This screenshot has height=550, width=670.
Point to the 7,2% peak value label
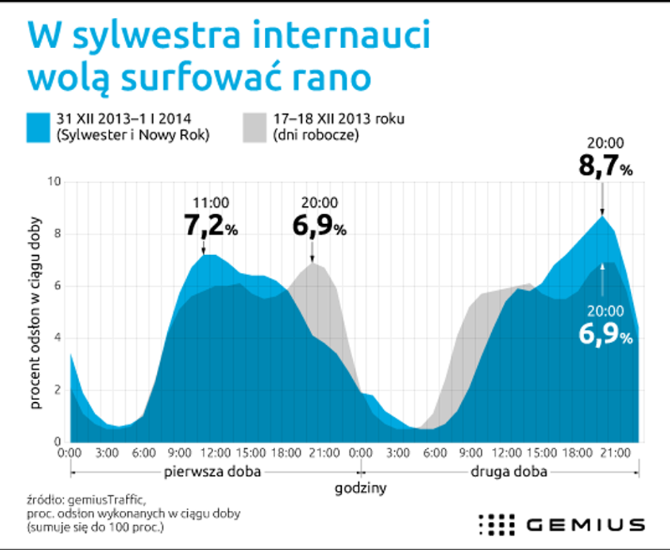pyautogui.click(x=210, y=225)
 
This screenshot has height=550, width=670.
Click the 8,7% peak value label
pyautogui.click(x=605, y=167)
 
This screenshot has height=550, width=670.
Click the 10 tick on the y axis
pyautogui.click(x=54, y=182)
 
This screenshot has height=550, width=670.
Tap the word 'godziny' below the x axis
pyautogui.click(x=360, y=489)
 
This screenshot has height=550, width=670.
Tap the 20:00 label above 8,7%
pyautogui.click(x=605, y=144)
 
